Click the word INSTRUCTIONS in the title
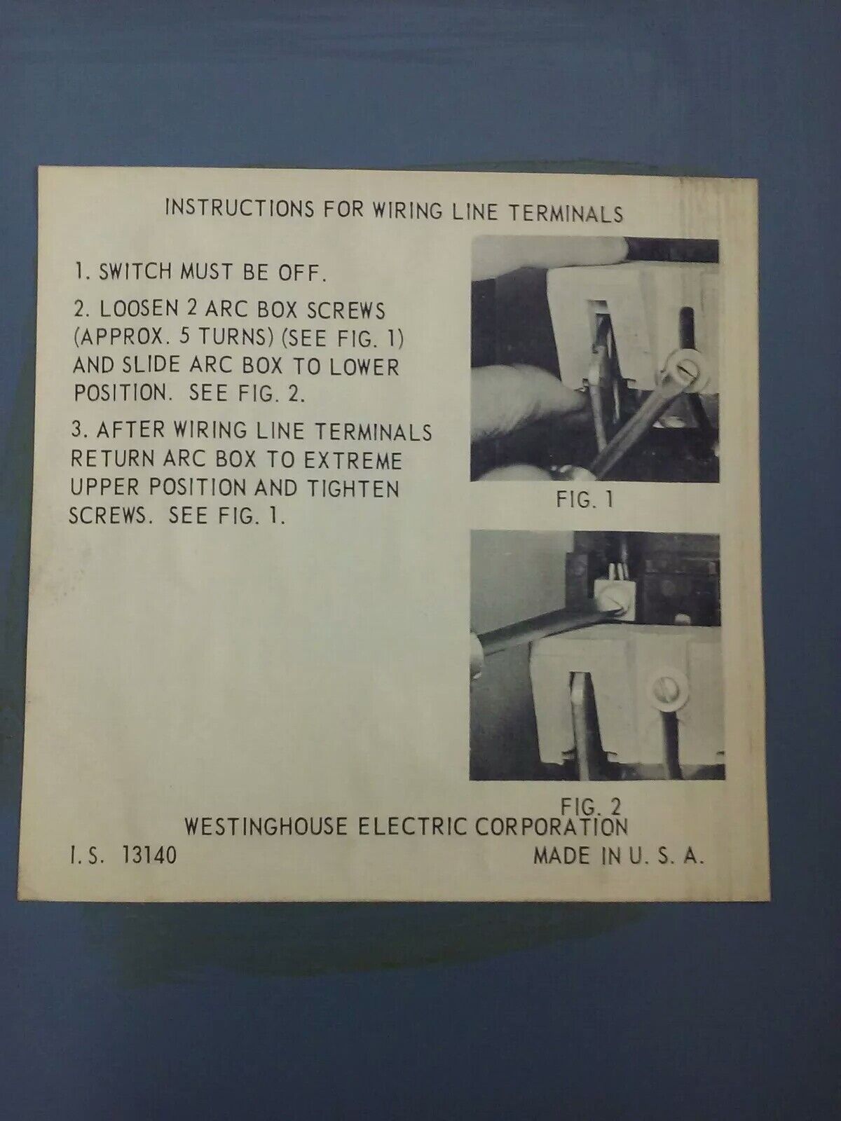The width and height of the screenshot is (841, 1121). (240, 208)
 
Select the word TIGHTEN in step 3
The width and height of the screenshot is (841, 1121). (353, 489)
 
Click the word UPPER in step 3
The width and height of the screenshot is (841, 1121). (104, 487)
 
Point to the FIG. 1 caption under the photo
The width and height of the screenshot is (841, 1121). (584, 500)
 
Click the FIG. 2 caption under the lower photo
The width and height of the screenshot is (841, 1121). (591, 806)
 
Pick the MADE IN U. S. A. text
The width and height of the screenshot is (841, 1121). (618, 856)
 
